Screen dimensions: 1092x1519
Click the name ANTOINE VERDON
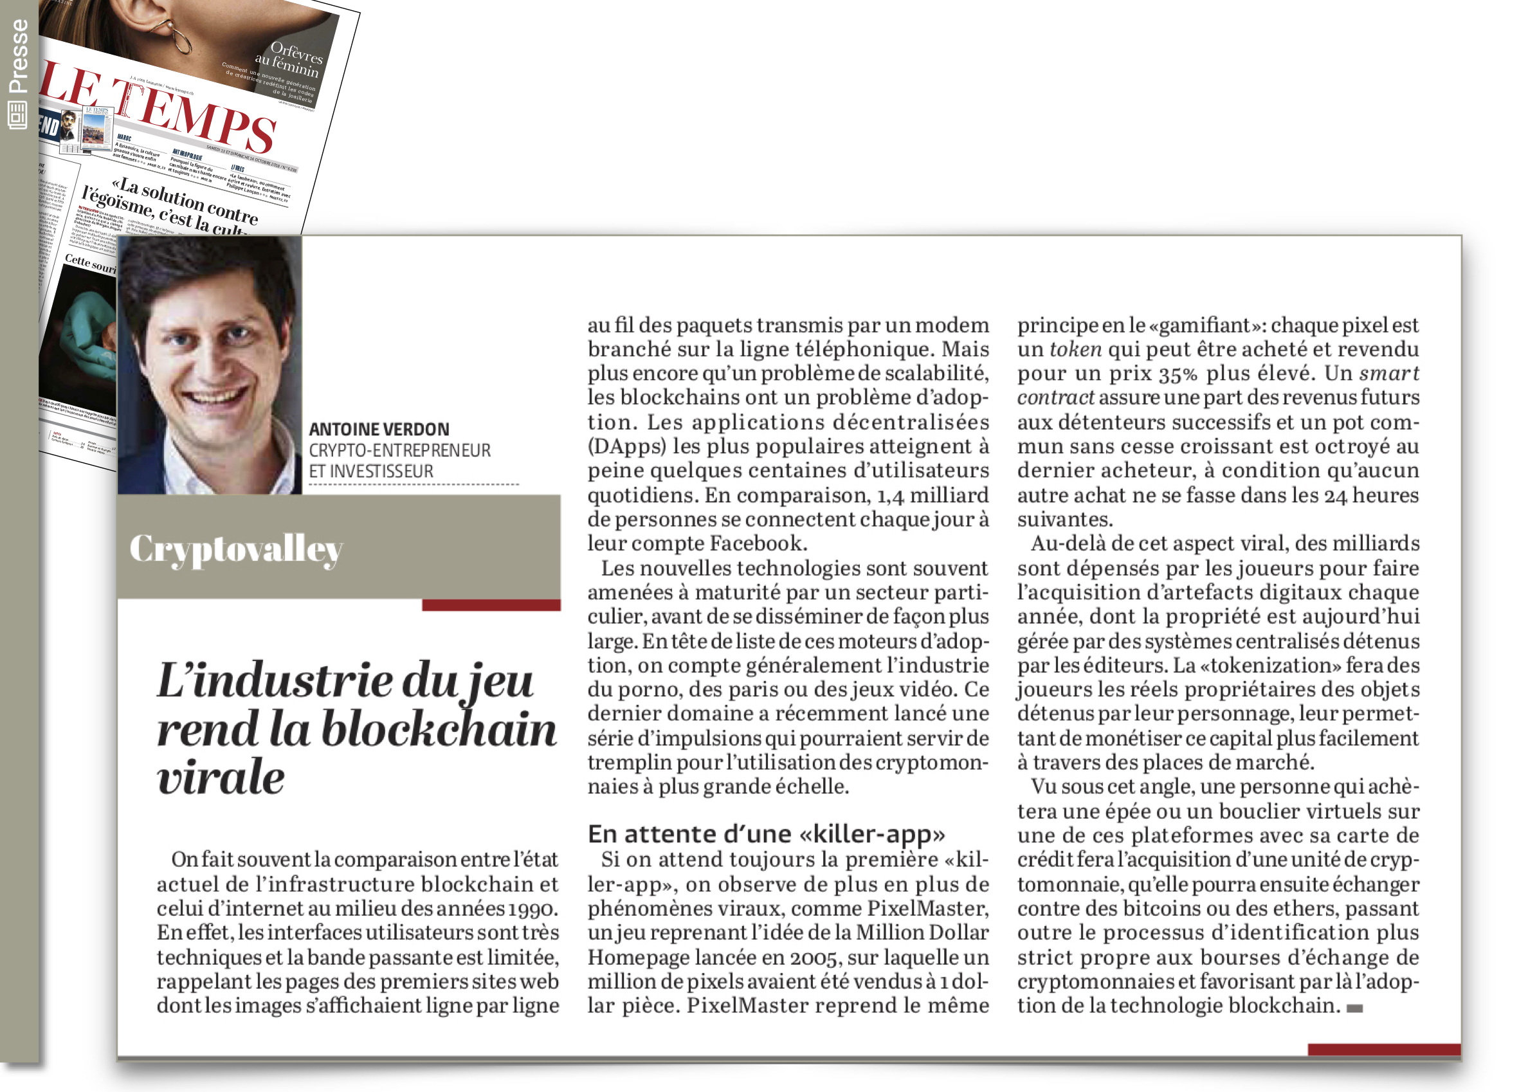tap(378, 430)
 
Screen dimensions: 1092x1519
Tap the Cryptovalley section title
tap(236, 549)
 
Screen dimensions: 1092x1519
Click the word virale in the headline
tap(221, 778)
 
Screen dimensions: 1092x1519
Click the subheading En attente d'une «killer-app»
tap(765, 834)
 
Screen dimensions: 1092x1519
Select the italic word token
tap(1075, 349)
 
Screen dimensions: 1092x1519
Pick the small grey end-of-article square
tap(1354, 1008)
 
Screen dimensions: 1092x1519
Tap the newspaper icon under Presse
tap(17, 114)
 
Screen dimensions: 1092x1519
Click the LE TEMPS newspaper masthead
tap(161, 107)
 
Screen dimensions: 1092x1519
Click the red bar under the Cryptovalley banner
tap(491, 605)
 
